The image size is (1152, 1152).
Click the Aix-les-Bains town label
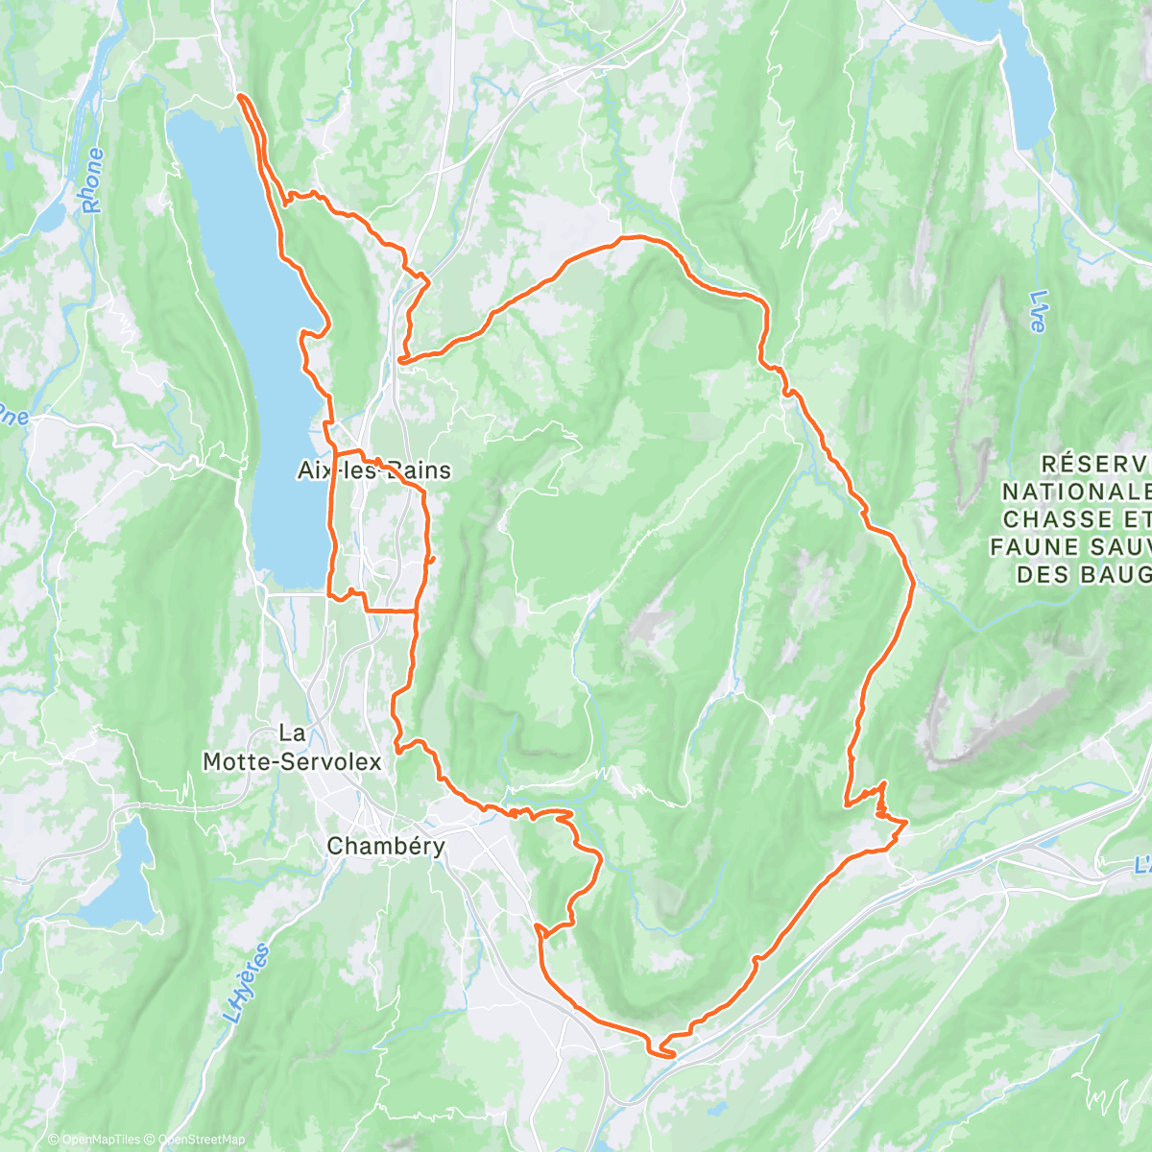[x=373, y=470]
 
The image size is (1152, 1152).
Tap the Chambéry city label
[x=386, y=846]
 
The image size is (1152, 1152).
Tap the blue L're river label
[x=1037, y=312]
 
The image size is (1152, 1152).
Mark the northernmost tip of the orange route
[x=239, y=97]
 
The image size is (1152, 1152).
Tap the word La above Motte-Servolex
[x=292, y=733]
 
